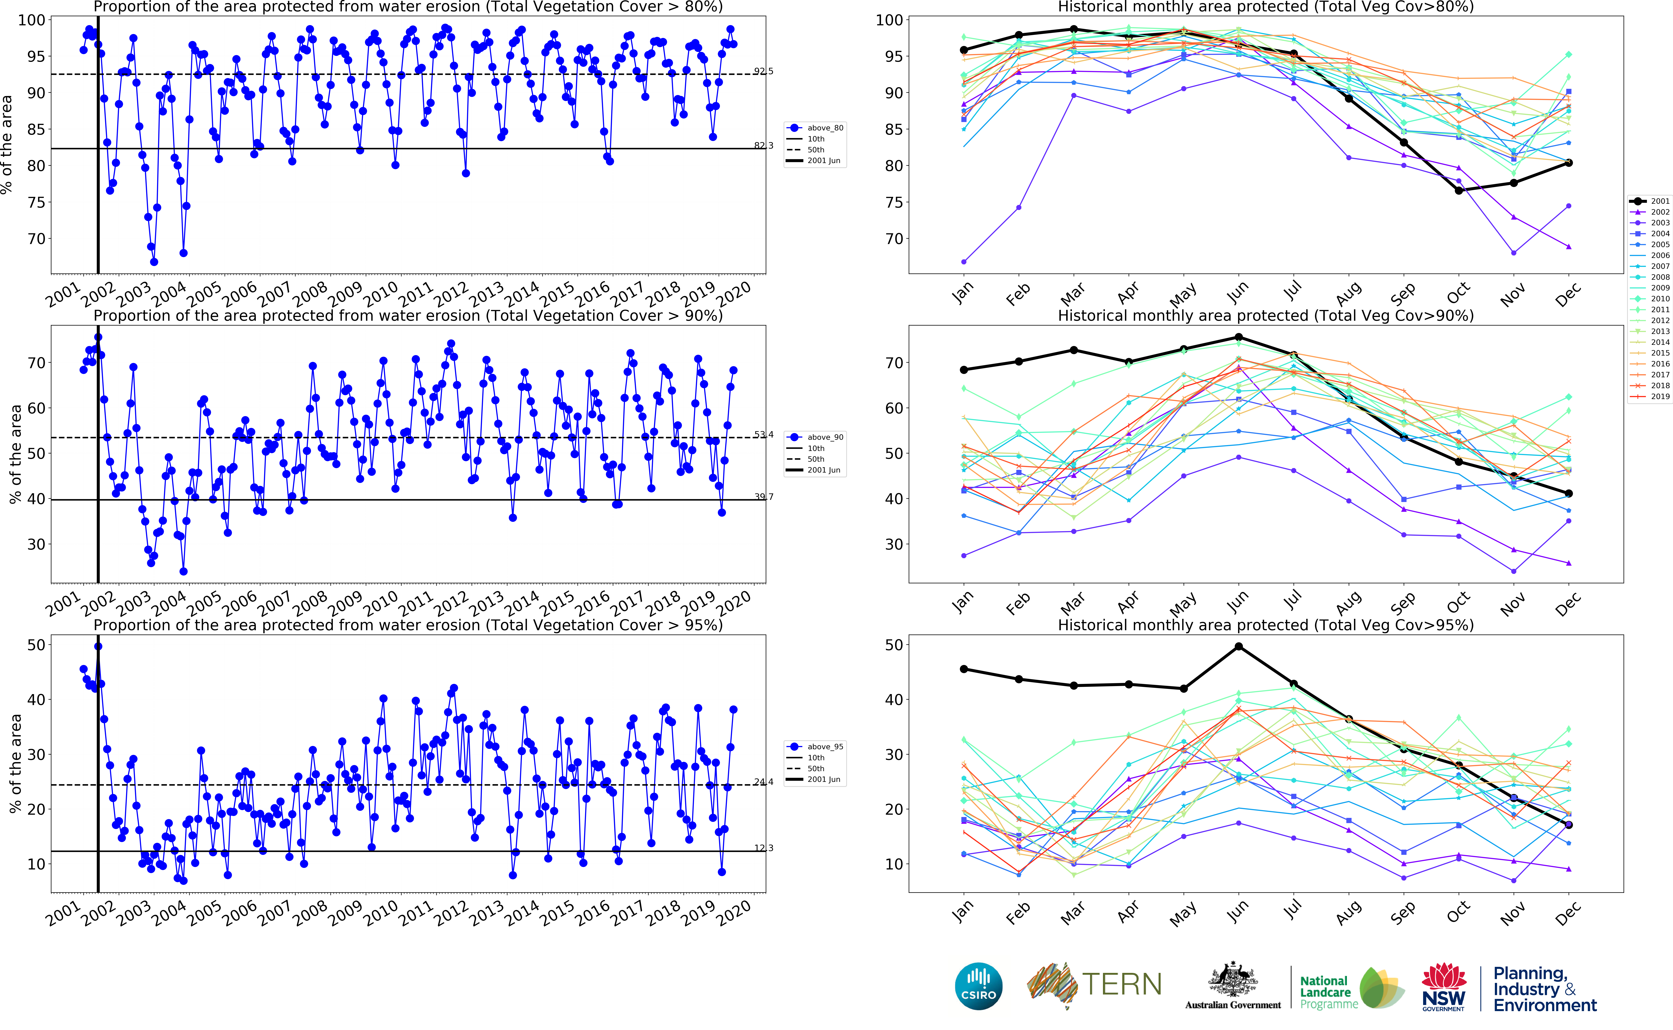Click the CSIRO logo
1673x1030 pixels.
click(979, 986)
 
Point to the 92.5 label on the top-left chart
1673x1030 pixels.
click(763, 71)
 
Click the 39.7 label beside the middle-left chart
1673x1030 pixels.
click(763, 497)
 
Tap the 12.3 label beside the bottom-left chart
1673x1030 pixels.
click(763, 848)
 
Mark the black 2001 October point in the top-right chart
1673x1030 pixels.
click(1458, 191)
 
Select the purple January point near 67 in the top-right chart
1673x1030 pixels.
click(964, 262)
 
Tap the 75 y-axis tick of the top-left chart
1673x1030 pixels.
click(36, 202)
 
